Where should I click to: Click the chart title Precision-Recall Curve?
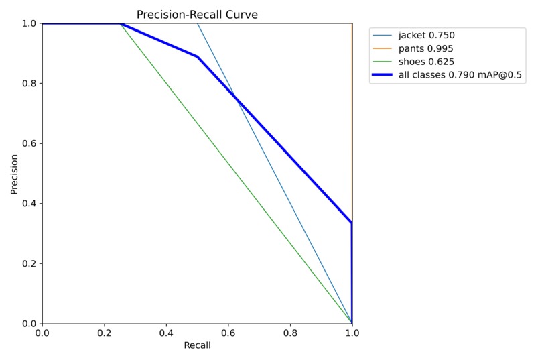point(197,14)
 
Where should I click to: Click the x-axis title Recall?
point(197,345)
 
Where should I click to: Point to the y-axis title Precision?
point(14,174)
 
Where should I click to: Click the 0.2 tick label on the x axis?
point(104,333)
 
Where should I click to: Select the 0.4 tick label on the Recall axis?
point(166,333)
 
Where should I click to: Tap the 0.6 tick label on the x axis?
point(228,333)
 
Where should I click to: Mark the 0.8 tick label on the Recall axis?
point(290,333)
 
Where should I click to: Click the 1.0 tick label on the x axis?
point(352,333)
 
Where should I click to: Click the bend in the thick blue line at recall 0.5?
point(197,57)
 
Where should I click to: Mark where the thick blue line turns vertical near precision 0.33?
point(352,223)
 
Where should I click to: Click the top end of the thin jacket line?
point(197,23)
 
